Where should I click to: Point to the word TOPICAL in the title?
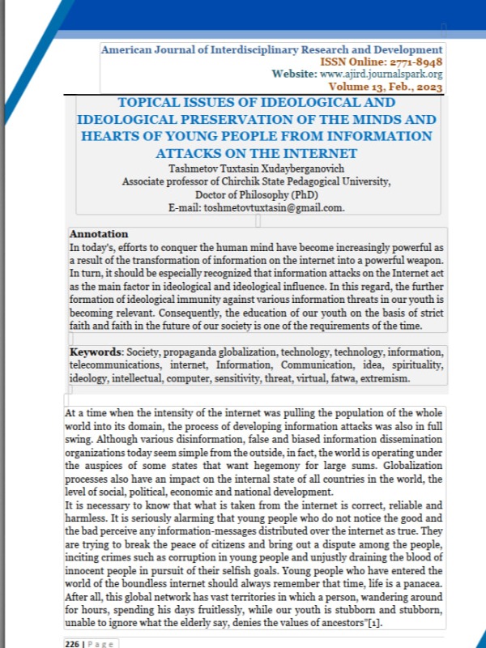[150, 104]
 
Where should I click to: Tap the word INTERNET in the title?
[321, 153]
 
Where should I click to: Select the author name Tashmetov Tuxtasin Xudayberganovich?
[256, 168]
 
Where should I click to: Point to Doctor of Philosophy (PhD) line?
[256, 194]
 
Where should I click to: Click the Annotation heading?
[99, 234]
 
